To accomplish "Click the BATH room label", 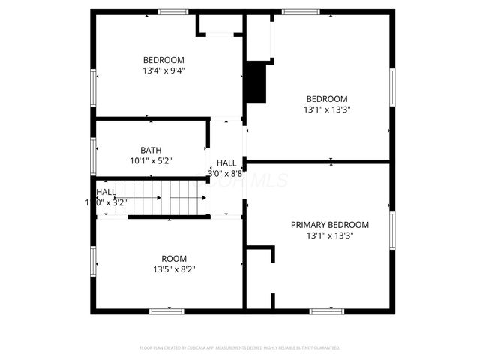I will point(151,150).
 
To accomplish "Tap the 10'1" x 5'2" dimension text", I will point(151,160).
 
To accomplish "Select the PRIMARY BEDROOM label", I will point(330,224).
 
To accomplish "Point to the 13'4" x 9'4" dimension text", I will point(163,70).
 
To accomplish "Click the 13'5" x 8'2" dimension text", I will point(175,269).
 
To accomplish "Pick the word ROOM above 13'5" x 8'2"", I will point(175,259).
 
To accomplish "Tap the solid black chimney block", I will point(256,82).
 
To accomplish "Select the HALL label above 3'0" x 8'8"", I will point(226,163).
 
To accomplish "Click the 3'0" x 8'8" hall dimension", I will point(226,173).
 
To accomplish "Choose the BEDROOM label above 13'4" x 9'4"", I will point(163,60).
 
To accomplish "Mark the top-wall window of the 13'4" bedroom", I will point(172,11).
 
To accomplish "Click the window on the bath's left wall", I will point(93,156).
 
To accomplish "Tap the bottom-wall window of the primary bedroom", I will point(327,310).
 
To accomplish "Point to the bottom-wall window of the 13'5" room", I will point(166,310).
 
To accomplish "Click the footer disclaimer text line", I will point(240,348).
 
